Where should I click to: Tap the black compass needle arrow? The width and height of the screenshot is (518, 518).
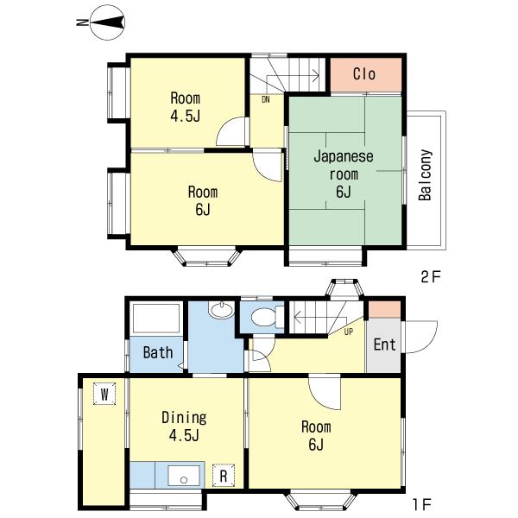click(x=106, y=22)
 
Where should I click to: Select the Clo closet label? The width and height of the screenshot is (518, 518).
click(x=364, y=74)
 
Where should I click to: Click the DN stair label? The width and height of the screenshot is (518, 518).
click(x=266, y=99)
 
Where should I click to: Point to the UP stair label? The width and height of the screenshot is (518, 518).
click(x=349, y=332)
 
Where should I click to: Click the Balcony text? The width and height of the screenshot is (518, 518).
click(x=425, y=175)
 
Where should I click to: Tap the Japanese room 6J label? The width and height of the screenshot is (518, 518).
click(x=344, y=174)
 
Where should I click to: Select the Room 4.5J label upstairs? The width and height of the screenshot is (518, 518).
click(x=186, y=107)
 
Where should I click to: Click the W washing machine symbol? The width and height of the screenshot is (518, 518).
click(x=104, y=394)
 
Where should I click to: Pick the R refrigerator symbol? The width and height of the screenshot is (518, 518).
click(x=224, y=476)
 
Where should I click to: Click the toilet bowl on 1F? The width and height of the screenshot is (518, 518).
click(x=263, y=318)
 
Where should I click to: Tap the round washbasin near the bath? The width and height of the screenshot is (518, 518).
click(x=221, y=310)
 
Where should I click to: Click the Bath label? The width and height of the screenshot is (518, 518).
click(x=158, y=352)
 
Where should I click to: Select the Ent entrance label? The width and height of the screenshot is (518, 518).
click(x=384, y=344)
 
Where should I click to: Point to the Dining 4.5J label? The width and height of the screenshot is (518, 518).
click(x=184, y=426)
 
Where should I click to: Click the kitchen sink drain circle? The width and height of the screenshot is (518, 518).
click(x=184, y=480)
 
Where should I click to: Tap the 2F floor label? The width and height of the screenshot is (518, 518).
click(x=431, y=277)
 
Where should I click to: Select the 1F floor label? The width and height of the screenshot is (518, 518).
click(x=422, y=504)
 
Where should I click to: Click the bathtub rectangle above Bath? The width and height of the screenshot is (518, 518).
click(x=156, y=318)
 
